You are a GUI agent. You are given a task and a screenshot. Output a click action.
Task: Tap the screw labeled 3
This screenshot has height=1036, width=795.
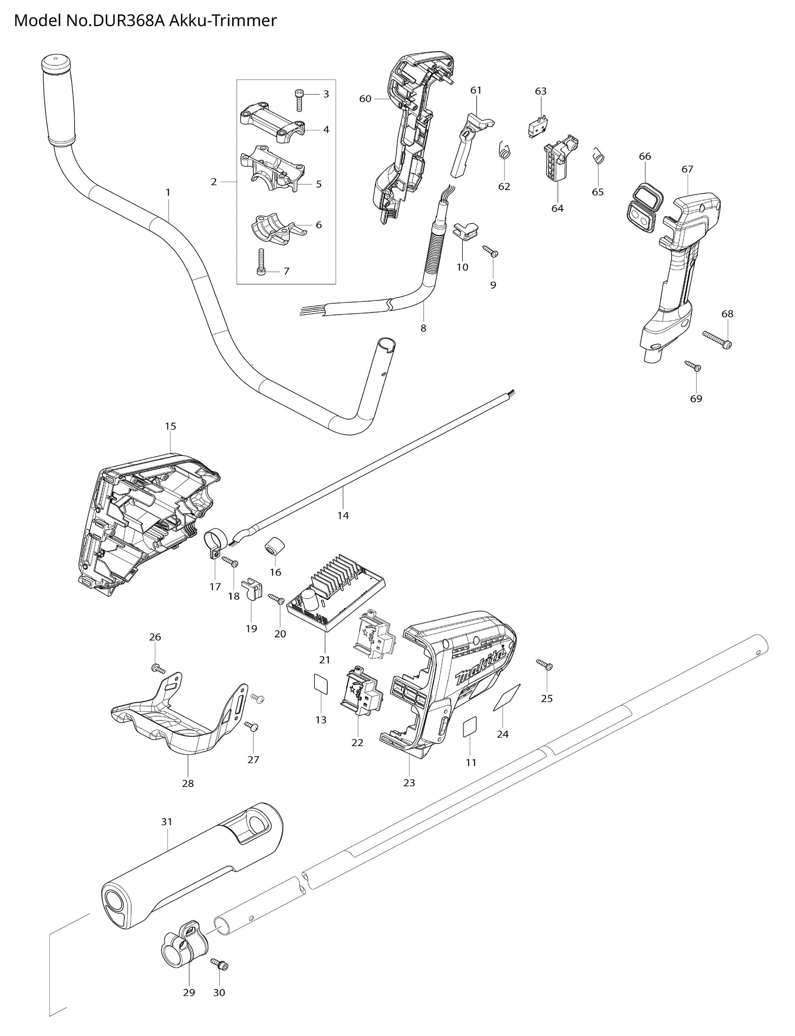299,99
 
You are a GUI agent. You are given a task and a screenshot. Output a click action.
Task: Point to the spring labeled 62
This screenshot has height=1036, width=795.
505,152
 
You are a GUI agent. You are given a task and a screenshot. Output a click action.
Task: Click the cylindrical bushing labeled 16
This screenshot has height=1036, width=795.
273,547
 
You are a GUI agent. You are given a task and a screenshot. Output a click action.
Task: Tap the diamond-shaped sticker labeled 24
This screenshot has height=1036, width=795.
507,697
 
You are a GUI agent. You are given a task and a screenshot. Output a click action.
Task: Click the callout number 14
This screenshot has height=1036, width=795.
343,515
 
